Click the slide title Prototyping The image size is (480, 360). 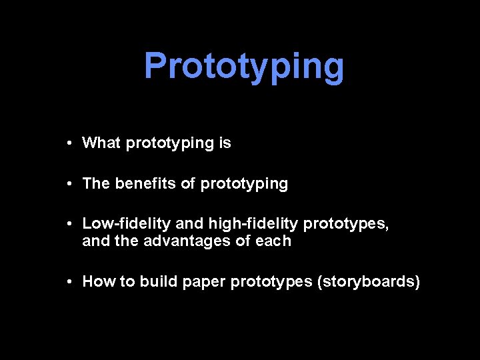pos(244,66)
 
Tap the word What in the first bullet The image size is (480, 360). pos(101,143)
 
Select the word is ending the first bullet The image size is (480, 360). pos(225,143)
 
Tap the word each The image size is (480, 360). pos(273,241)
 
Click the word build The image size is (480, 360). pos(157,282)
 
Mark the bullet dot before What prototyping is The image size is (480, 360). pos(69,143)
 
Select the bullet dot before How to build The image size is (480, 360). pos(69,283)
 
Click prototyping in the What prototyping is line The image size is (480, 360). pos(169,143)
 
